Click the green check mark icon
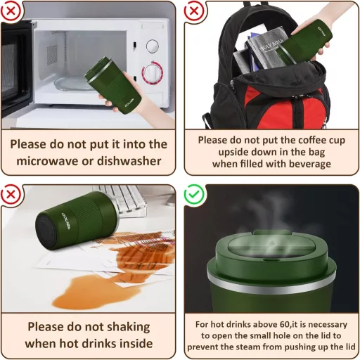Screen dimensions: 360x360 point(194,194)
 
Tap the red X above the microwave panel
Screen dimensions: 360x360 point(11,11)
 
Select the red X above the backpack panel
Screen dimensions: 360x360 point(194,11)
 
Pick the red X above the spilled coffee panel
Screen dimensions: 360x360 point(11,194)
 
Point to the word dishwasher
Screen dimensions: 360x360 point(129,161)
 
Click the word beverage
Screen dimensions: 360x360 point(310,164)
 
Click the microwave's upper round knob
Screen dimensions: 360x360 point(152,46)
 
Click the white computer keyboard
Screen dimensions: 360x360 point(122,199)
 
